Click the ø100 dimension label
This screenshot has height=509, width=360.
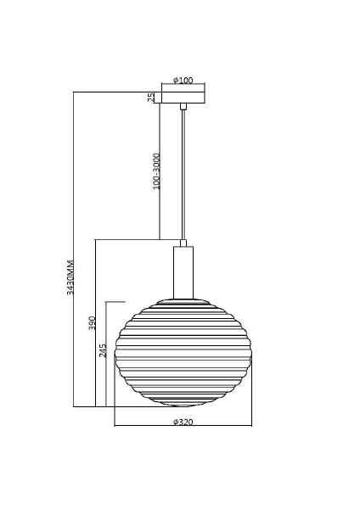click(x=183, y=80)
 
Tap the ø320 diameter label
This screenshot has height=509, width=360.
click(x=183, y=422)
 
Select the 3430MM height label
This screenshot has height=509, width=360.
click(x=70, y=277)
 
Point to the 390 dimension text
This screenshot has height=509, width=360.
click(x=92, y=323)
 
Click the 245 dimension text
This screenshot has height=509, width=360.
click(x=103, y=350)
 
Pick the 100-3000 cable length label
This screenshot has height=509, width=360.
click(x=156, y=171)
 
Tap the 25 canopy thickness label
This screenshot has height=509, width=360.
click(x=151, y=98)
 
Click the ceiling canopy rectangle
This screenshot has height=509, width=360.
click(x=183, y=98)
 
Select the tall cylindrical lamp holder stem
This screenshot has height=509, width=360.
click(x=183, y=272)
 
